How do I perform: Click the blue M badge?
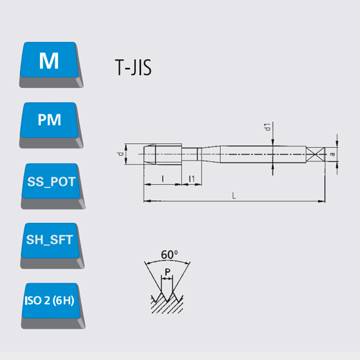click(51, 64)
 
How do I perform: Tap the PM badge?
click(51, 125)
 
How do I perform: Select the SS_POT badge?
click(53, 186)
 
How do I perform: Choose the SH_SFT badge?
click(52, 246)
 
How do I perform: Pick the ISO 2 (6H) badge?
click(53, 306)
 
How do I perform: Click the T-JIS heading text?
click(133, 67)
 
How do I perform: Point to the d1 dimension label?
click(267, 127)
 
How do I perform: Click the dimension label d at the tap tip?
click(121, 154)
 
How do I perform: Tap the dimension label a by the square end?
click(332, 154)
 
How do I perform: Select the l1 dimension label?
click(192, 178)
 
